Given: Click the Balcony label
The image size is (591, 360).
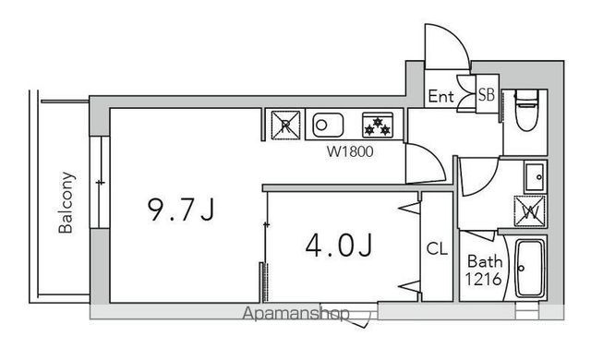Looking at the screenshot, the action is [66, 202].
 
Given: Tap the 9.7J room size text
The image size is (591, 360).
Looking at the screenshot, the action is [181, 210].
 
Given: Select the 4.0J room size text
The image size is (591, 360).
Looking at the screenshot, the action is [339, 246].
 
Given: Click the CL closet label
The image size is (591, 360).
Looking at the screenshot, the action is [437, 248].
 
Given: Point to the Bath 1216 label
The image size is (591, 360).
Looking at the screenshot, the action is [484, 270].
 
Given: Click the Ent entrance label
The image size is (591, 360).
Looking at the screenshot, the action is [441, 96].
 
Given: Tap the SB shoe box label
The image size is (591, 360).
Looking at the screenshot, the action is [487, 94].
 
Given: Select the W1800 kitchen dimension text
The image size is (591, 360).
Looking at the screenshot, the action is [350, 151].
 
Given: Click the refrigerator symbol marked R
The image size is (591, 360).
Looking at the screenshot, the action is [285, 125].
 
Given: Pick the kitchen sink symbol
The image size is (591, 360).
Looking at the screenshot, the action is [328, 125].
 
